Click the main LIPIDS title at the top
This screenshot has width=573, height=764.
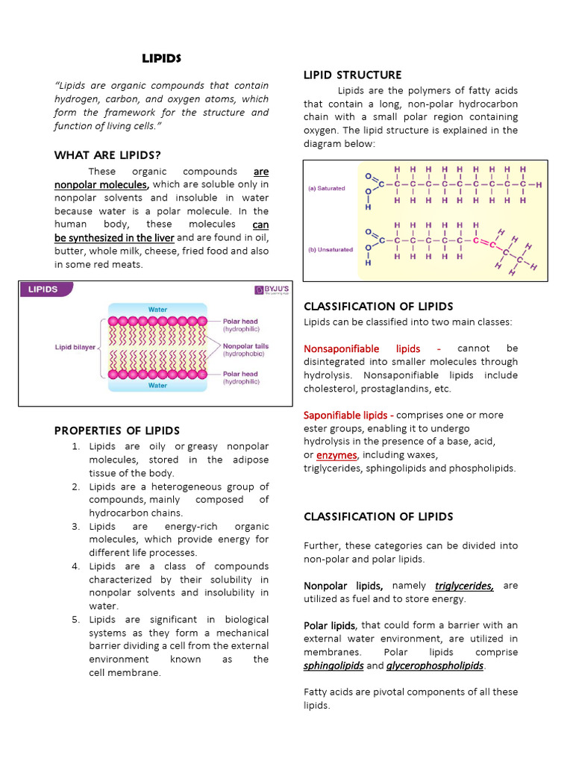[162, 58]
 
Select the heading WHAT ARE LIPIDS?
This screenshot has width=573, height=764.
[107, 155]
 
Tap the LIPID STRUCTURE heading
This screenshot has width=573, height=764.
[352, 75]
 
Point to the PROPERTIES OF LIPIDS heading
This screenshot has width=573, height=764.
[117, 430]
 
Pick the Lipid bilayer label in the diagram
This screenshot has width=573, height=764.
[75, 347]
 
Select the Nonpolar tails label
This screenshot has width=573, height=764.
[245, 346]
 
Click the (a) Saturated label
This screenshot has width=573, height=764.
[327, 189]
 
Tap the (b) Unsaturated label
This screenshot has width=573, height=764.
[331, 249]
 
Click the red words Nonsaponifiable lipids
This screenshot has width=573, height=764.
[362, 348]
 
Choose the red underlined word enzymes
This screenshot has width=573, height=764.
[336, 455]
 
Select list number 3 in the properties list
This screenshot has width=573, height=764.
[75, 526]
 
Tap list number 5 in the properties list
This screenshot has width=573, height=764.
[75, 619]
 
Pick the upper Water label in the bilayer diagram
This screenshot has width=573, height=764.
[157, 308]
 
